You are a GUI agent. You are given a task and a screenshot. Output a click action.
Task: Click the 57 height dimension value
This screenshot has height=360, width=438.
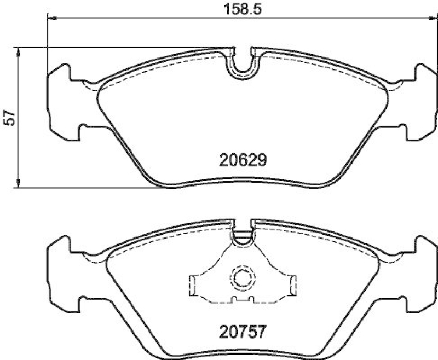9,118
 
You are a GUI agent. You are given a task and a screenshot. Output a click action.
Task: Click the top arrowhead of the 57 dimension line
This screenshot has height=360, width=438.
19,51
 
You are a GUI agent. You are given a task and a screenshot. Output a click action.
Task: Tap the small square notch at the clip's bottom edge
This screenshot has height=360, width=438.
234,299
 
